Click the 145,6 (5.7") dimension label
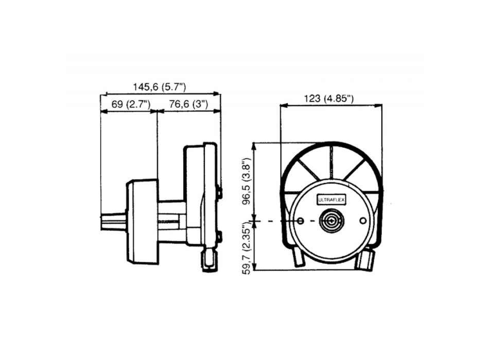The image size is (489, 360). (160, 87)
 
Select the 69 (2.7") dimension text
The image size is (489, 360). (131, 104)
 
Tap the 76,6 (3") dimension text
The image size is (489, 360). (189, 104)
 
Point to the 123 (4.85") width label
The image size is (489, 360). (329, 99)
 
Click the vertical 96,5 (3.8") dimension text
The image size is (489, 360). (247, 182)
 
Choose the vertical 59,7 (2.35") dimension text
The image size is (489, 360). (247, 248)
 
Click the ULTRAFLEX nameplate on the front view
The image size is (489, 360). (331, 200)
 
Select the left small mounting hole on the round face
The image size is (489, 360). (300, 221)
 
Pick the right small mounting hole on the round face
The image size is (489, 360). (363, 221)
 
